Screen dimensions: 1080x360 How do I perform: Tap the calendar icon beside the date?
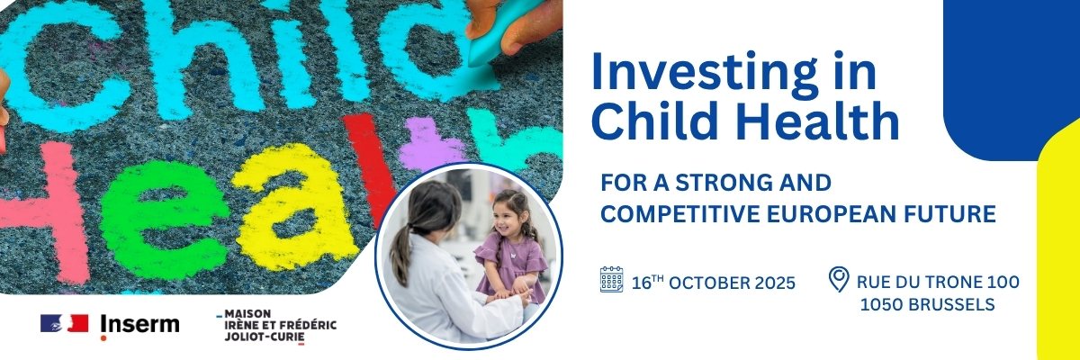point(611,279)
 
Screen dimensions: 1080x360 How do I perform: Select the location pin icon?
point(839,280)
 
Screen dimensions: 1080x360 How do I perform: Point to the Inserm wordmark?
point(139,325)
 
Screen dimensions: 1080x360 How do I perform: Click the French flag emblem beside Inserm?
point(64,323)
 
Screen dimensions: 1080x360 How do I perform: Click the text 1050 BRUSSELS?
point(927,304)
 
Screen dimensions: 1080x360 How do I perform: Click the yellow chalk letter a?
point(295,207)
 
